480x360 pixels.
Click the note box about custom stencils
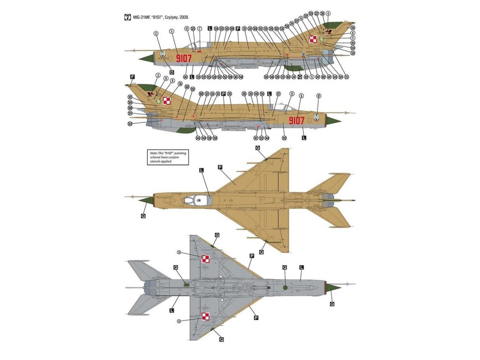pyautogui.click(x=166, y=157)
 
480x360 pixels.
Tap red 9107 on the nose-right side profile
pyautogui.click(x=296, y=121)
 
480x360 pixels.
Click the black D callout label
pyautogui.click(x=172, y=73)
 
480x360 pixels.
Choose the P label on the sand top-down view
pyautogui.click(x=220, y=167)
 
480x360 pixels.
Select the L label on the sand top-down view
pyautogui.click(x=202, y=170)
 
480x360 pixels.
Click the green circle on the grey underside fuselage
pyautogui.click(x=285, y=286)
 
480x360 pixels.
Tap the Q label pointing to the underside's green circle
pyautogui.click(x=285, y=267)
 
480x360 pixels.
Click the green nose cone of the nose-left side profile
pyautogui.click(x=146, y=57)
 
